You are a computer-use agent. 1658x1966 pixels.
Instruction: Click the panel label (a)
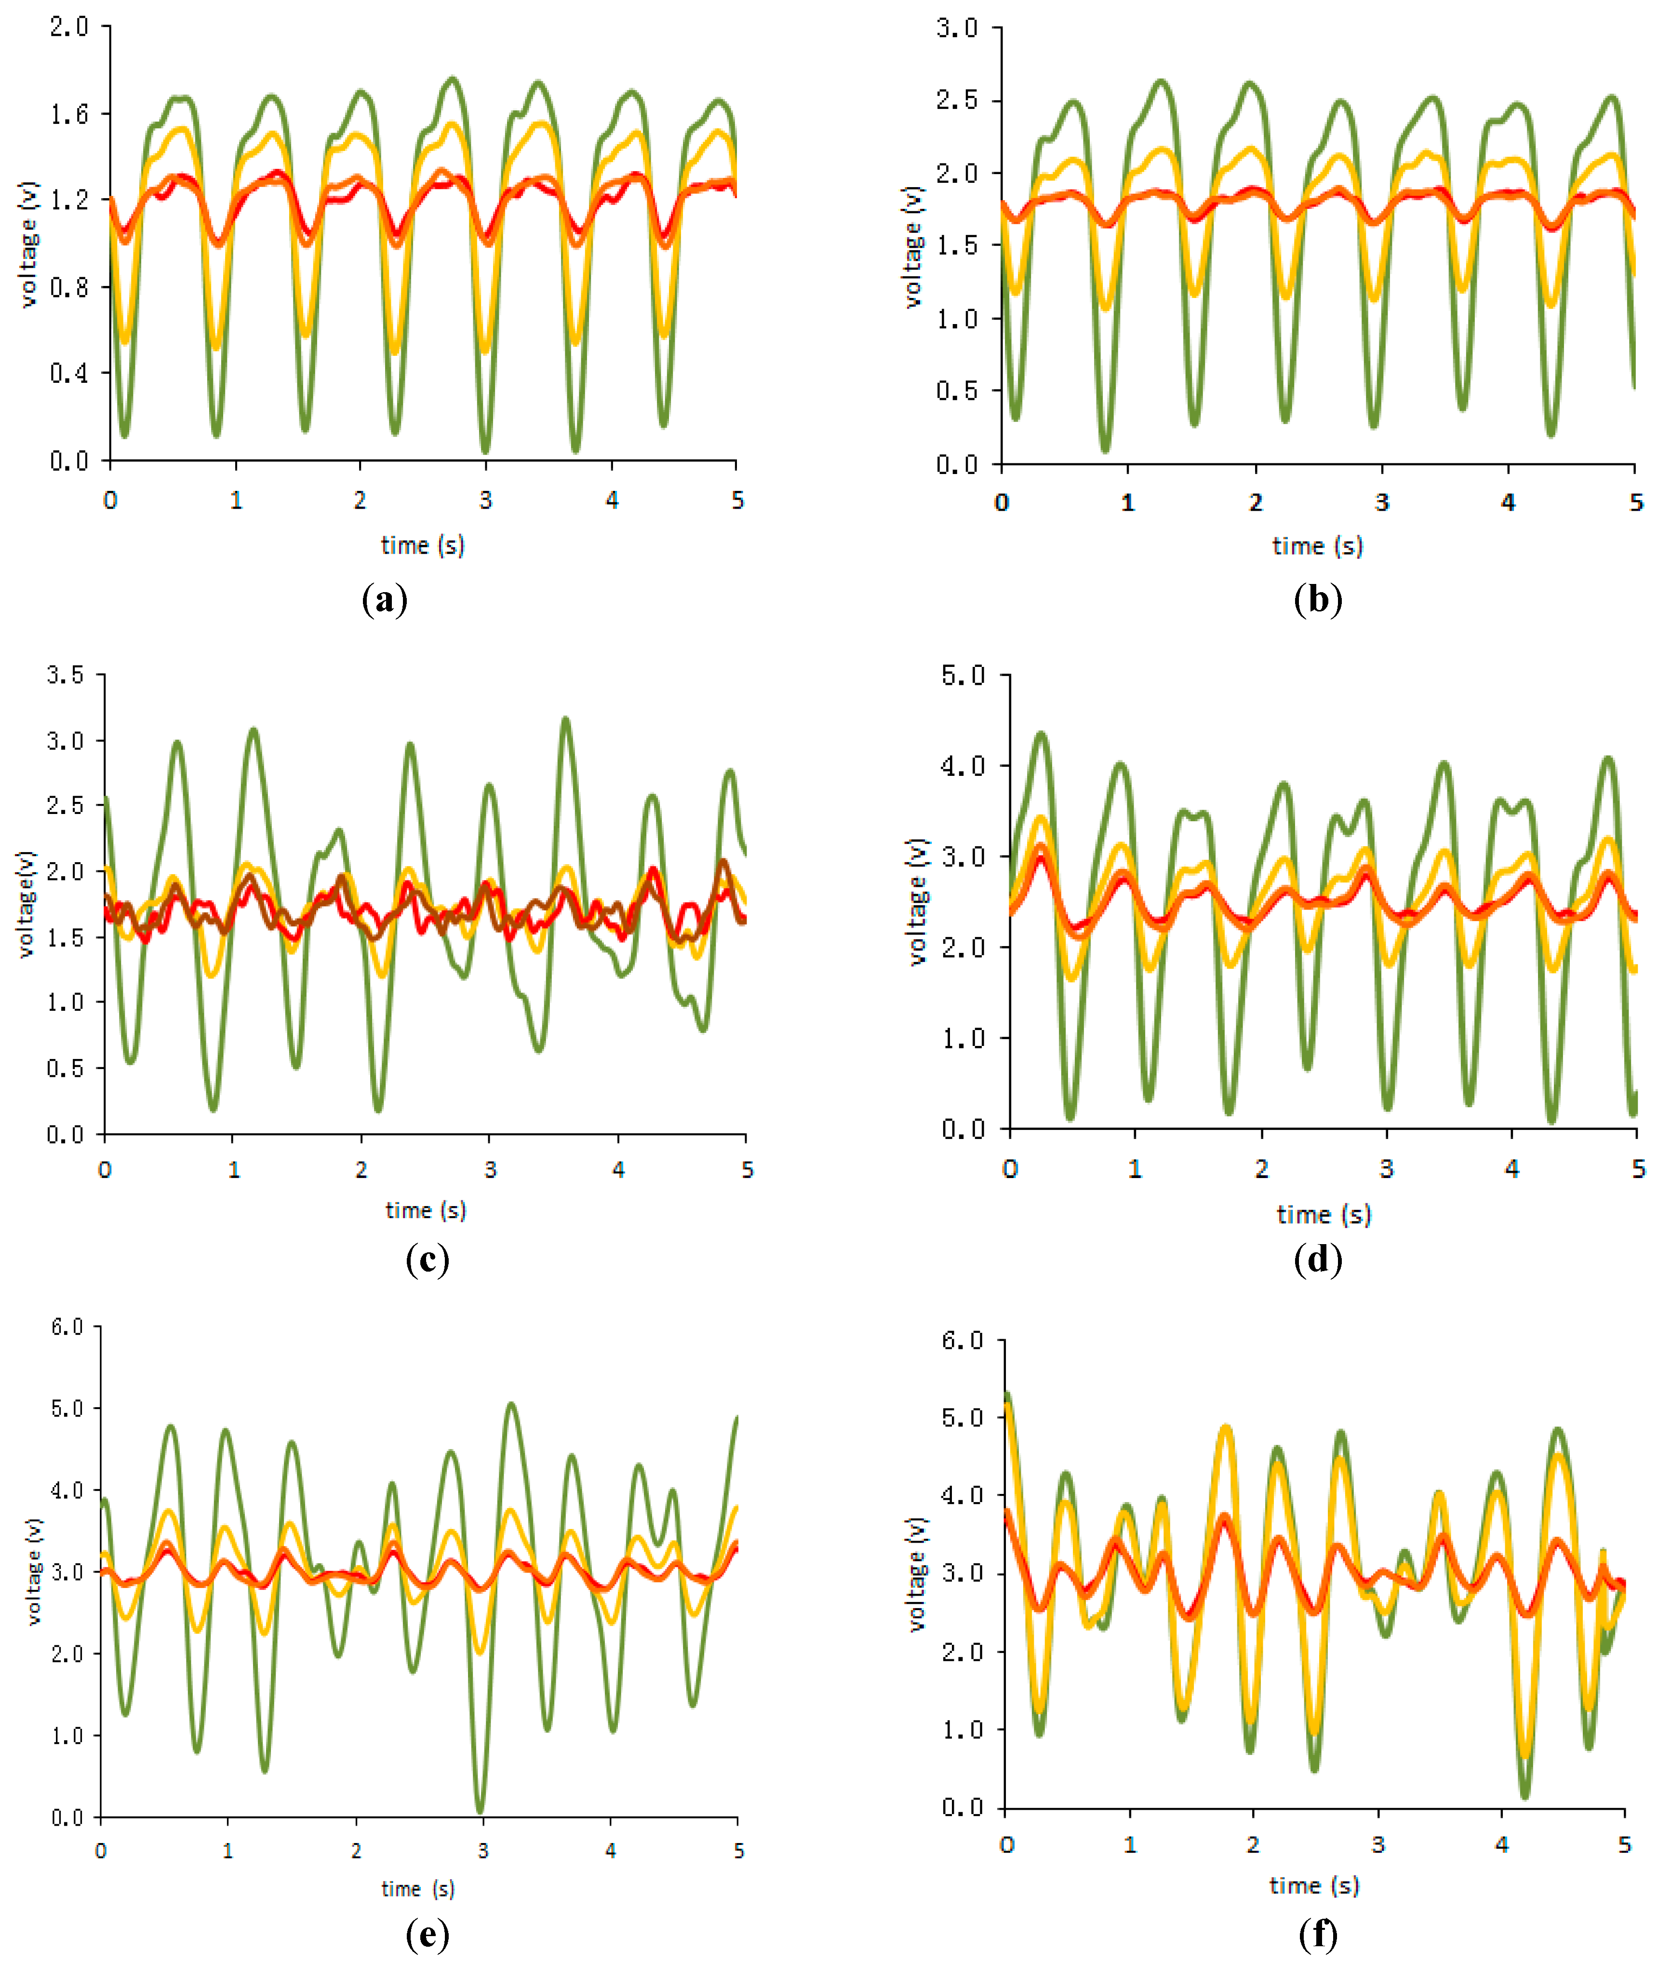385,600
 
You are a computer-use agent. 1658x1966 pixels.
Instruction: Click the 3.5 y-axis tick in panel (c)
66,675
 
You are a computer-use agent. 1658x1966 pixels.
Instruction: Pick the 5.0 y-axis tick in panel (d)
963,675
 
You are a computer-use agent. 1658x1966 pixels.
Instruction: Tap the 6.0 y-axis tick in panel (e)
67,1327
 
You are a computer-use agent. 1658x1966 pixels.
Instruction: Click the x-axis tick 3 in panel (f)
1378,1844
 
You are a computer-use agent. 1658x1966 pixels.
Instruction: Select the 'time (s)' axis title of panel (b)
1318,546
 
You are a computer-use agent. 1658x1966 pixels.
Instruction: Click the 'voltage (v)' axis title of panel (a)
28,244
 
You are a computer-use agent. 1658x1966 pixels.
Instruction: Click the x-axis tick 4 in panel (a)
612,500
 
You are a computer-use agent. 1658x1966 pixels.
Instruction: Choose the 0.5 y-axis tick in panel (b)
957,391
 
